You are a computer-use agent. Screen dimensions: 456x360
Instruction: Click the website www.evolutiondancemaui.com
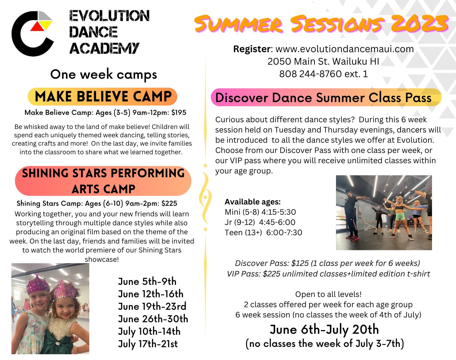tap(345, 49)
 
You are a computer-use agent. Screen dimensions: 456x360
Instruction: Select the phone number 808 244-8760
tap(310, 74)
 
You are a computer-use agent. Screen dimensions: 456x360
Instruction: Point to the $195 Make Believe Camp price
tap(179, 112)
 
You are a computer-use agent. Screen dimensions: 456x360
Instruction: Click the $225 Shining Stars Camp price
tap(169, 203)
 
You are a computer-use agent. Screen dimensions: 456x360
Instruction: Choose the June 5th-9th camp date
tap(147, 281)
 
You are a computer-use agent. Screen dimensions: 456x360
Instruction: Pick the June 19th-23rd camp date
tap(152, 306)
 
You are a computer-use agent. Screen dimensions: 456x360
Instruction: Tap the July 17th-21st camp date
tap(148, 344)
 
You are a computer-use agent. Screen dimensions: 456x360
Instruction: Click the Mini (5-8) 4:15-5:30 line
tap(260, 212)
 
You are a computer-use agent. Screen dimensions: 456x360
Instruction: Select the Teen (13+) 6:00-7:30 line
tap(263, 232)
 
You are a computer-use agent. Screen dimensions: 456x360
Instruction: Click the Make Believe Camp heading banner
tap(102, 97)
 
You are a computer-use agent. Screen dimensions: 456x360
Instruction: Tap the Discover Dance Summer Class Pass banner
tap(326, 98)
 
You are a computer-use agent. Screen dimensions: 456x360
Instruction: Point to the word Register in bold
tap(252, 49)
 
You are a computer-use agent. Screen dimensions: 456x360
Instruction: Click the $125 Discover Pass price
tap(300, 263)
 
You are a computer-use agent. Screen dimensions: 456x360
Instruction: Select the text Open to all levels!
tap(328, 294)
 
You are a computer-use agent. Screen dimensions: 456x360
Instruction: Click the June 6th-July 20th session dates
tap(324, 330)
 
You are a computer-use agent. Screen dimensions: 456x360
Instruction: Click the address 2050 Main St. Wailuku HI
tap(323, 61)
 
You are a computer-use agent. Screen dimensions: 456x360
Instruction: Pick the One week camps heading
tap(104, 74)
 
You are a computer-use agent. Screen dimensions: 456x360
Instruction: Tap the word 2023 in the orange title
tap(420, 23)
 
